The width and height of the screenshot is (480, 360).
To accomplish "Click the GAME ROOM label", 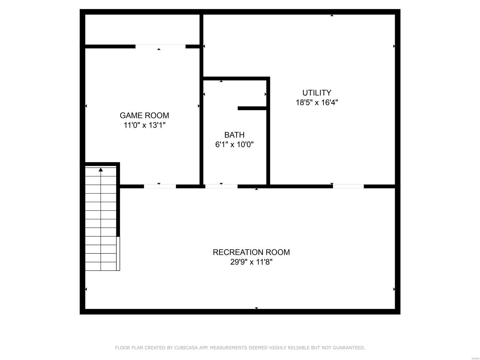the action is [144, 115].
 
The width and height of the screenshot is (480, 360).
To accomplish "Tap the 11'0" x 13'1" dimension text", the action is [145, 125].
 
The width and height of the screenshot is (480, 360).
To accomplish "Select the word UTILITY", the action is [316, 93].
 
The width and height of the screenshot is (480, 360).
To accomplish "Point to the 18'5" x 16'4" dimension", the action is [317, 102].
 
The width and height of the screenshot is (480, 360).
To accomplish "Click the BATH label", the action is [234, 135].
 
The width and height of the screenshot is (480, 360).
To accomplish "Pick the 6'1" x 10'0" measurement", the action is [234, 145].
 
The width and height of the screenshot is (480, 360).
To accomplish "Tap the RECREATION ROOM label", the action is [251, 252].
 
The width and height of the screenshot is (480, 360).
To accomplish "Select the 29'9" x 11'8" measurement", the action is [251, 262].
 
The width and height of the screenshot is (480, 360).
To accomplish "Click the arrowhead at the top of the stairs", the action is [100, 169].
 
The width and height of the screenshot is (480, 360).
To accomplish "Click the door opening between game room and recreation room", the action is [160, 186].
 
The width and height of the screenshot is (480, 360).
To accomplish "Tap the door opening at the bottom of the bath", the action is [221, 186].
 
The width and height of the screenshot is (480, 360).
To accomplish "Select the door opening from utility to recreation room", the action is [348, 186].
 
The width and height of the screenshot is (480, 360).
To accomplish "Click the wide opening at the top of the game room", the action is [160, 46].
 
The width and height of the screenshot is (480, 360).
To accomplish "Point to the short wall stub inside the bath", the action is [252, 108].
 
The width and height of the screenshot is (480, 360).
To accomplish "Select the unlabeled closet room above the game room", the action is [142, 29].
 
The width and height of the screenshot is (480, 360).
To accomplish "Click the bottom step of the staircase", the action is [100, 266].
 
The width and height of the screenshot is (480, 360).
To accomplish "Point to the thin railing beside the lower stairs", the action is [118, 253].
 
